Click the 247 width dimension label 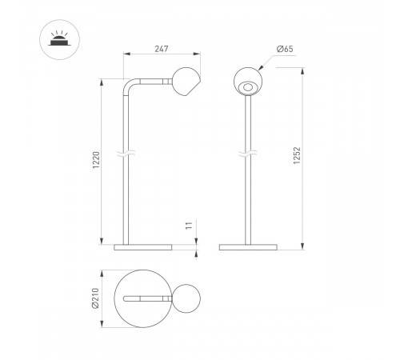pyautogui.click(x=162, y=49)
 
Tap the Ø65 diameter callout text pyautogui.click(x=285, y=49)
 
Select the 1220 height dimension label pyautogui.click(x=96, y=160)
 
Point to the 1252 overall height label pyautogui.click(x=297, y=155)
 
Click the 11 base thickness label pyautogui.click(x=189, y=226)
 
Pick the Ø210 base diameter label pyautogui.click(x=95, y=298)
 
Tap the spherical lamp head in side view pyautogui.click(x=186, y=82)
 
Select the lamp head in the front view pyautogui.click(x=248, y=81)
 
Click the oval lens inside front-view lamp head pyautogui.click(x=248, y=87)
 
